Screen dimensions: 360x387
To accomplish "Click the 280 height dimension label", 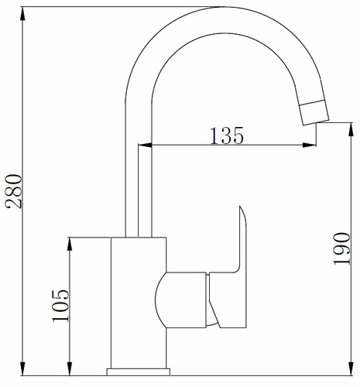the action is click(x=14, y=191).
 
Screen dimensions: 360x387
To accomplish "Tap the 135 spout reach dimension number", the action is click(x=227, y=135).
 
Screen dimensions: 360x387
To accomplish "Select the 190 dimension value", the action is click(x=342, y=248).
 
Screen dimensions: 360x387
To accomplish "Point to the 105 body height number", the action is click(x=61, y=306).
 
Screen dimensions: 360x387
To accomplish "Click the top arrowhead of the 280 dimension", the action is click(x=22, y=14).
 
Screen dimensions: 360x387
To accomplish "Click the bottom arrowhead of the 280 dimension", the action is click(x=22, y=368).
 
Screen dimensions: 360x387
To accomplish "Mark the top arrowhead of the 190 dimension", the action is click(x=351, y=130).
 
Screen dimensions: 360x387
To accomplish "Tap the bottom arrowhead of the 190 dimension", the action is click(x=351, y=368).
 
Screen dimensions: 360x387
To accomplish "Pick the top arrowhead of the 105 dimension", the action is click(x=70, y=245).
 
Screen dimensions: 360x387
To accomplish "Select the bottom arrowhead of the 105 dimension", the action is click(x=70, y=368).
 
